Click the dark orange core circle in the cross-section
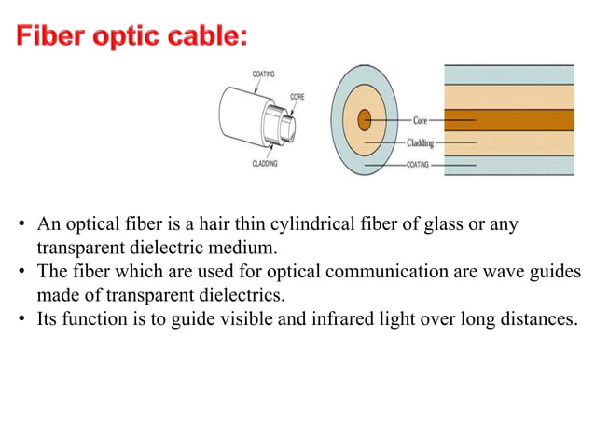click(x=364, y=120)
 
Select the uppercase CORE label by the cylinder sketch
click(x=297, y=96)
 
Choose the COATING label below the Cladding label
click(x=420, y=164)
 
